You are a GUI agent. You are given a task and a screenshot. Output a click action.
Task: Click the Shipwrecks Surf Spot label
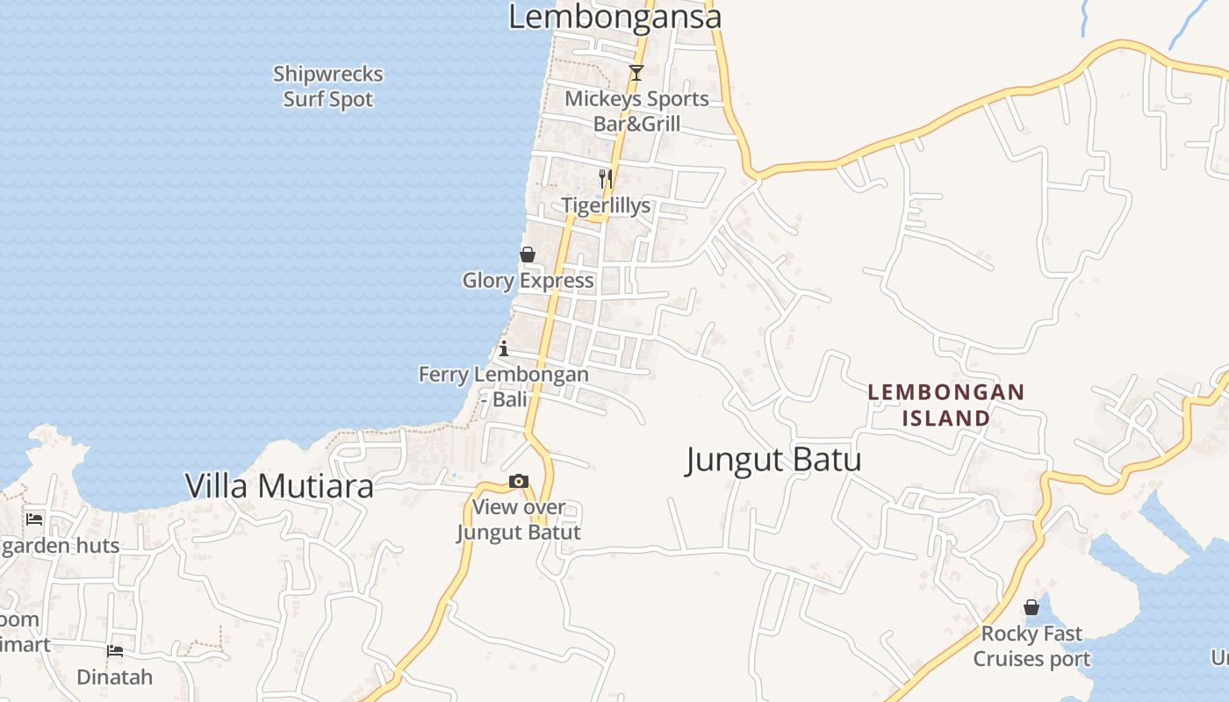click(328, 87)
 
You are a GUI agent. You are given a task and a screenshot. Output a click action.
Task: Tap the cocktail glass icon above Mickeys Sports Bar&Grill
click(636, 73)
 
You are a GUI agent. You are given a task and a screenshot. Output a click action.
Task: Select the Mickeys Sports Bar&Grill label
click(636, 111)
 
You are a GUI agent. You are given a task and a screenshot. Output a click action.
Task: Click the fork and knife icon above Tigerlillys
click(605, 179)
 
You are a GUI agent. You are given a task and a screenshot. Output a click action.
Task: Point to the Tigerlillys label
click(607, 205)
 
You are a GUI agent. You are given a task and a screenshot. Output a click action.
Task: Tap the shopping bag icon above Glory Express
click(528, 254)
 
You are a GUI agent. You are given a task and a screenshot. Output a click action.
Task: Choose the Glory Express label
click(528, 281)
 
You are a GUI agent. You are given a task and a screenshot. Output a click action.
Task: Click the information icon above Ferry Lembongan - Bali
click(504, 348)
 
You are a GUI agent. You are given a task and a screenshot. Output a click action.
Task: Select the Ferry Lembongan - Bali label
click(504, 387)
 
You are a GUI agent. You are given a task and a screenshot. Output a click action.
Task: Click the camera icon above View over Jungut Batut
click(519, 481)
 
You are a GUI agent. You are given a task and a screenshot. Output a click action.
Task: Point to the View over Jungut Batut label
click(519, 519)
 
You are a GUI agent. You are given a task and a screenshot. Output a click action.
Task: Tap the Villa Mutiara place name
click(279, 486)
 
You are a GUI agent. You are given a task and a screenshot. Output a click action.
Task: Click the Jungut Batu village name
click(773, 460)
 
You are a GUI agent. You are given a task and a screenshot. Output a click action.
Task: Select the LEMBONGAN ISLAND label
click(946, 405)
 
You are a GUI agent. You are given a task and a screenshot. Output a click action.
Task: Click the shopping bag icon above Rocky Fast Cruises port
click(1031, 607)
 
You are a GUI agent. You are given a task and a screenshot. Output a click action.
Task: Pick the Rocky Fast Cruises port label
click(1031, 646)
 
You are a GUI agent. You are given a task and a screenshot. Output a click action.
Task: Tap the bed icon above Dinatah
click(115, 651)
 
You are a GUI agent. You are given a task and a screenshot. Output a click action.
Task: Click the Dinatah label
click(115, 677)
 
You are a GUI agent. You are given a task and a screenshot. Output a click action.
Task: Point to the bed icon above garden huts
click(34, 519)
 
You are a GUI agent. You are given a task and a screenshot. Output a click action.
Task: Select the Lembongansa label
click(614, 17)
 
